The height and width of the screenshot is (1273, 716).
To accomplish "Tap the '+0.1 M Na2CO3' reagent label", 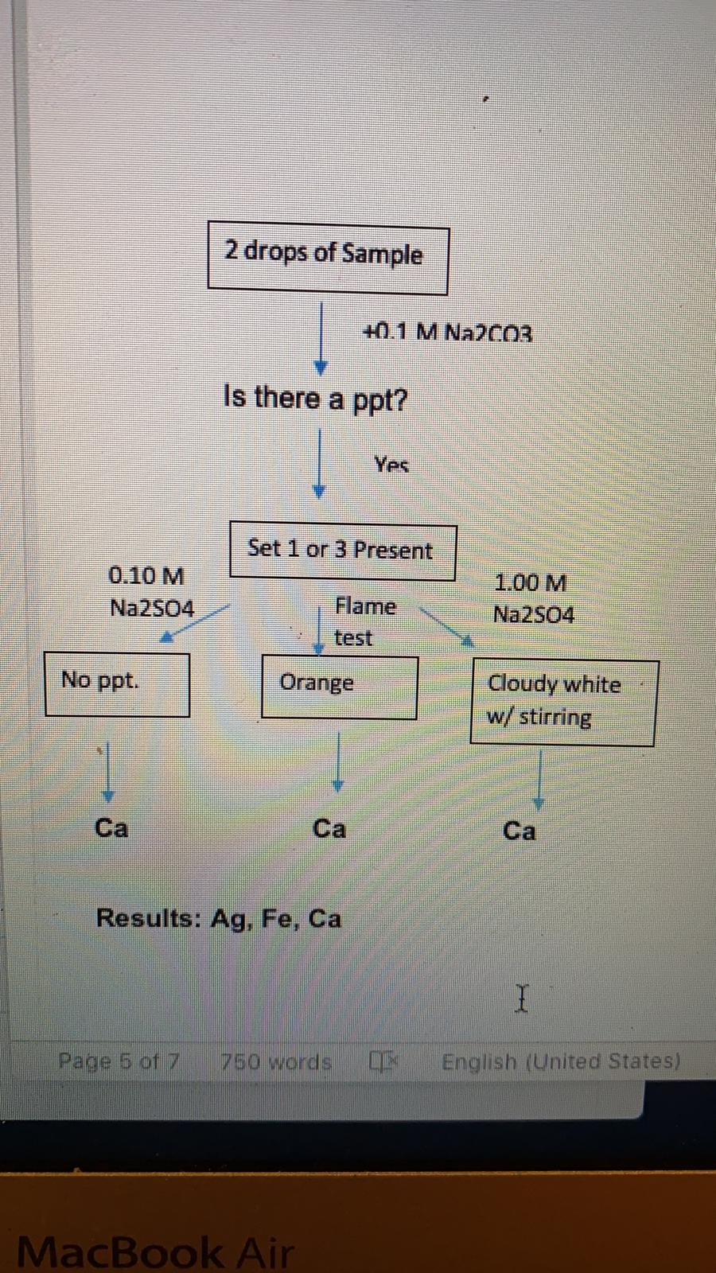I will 448,333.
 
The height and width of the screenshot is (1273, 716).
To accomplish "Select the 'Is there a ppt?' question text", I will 315,397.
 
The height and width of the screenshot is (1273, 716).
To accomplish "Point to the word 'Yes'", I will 391,465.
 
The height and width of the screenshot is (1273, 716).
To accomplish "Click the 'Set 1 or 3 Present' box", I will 342,550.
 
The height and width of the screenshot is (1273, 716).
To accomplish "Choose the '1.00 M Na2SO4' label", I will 532,598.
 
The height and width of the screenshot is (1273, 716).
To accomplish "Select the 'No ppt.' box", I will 117,683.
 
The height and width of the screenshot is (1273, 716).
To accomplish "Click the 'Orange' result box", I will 339,686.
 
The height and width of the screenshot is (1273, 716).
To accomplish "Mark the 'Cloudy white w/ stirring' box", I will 562,702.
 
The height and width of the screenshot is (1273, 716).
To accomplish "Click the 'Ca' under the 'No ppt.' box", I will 111,828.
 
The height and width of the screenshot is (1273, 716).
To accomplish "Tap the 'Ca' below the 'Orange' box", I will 329,829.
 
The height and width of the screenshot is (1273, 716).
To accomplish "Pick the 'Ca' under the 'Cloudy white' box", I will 519,831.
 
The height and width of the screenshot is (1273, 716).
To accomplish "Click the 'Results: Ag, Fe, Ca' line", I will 219,919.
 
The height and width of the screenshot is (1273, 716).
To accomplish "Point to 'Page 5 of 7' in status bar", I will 119,1061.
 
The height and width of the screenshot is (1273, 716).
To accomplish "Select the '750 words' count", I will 276,1061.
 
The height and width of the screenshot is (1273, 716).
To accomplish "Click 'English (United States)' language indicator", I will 561,1061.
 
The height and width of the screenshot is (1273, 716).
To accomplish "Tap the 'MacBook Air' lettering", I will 154,1252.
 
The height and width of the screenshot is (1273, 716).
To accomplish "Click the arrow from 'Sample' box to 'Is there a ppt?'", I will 320,338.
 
